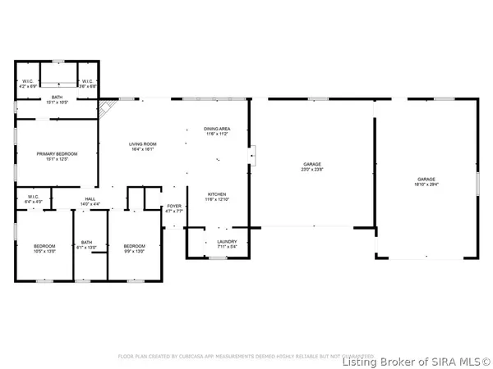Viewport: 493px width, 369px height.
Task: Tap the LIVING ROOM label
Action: [x=142, y=144]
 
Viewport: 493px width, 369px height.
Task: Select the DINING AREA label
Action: [x=216, y=129]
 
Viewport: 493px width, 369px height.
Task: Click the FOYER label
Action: [x=174, y=207]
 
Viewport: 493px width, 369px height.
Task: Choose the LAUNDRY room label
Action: [x=227, y=241]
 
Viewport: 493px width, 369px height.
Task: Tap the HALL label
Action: [x=90, y=199]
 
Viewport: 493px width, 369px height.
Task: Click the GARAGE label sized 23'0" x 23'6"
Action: [x=311, y=165]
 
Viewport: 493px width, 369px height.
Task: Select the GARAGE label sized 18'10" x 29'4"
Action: [x=426, y=180]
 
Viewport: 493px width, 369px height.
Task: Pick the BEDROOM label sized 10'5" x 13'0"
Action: [x=44, y=246]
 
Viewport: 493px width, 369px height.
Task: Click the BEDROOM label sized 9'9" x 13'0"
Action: [x=134, y=246]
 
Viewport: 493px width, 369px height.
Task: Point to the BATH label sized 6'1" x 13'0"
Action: [x=86, y=243]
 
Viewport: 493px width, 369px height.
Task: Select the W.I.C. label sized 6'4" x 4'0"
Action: [x=34, y=197]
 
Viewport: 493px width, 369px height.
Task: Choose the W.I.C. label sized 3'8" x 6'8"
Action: [x=87, y=81]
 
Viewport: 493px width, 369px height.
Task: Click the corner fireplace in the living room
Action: [x=104, y=106]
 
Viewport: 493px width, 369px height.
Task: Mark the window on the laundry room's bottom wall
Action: [x=217, y=258]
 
